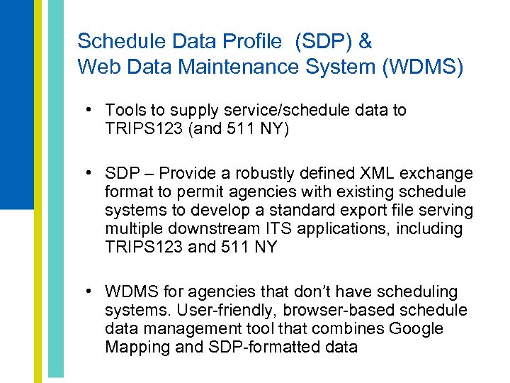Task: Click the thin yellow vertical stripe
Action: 38,191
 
